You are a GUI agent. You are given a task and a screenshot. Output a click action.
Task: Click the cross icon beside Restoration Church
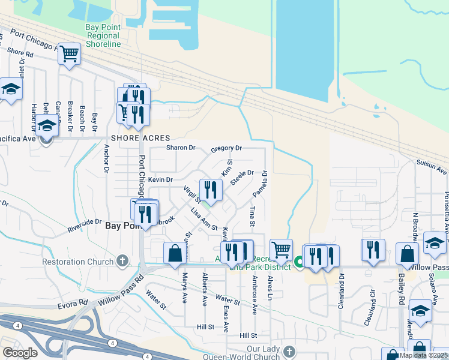(122, 261)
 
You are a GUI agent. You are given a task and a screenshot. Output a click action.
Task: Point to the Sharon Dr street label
(181, 148)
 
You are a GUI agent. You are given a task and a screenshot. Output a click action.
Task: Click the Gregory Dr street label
(226, 148)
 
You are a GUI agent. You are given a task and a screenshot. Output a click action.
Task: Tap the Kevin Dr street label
(160, 179)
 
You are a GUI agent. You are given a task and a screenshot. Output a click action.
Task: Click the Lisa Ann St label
(203, 218)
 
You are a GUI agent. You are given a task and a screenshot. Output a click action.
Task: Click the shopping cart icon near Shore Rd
(70, 55)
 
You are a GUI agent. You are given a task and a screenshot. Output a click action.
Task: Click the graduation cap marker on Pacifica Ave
(46, 126)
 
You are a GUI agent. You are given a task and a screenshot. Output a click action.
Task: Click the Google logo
(20, 353)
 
